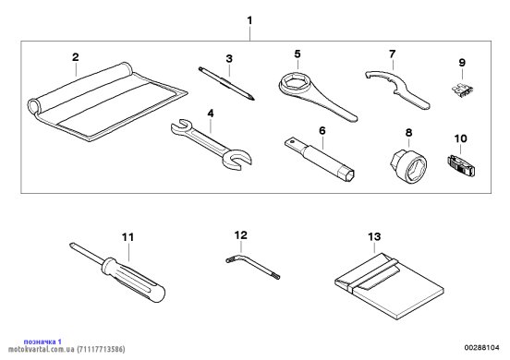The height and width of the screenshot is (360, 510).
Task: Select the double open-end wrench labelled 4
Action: pyautogui.click(x=211, y=144)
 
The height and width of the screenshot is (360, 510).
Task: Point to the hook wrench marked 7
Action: pyautogui.click(x=397, y=89)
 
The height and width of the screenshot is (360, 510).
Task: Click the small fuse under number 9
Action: pyautogui.click(x=462, y=90)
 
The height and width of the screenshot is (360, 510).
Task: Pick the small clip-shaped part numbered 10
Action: pyautogui.click(x=461, y=166)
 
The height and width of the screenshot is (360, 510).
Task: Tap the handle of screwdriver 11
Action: pyautogui.click(x=134, y=280)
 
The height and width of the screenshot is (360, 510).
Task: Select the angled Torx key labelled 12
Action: pyautogui.click(x=252, y=266)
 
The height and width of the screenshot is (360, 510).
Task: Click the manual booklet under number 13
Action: pyautogui.click(x=389, y=286)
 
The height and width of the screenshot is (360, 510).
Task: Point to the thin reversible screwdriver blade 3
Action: pyautogui.click(x=226, y=83)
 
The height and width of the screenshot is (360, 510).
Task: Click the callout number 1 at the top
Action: pyautogui.click(x=249, y=20)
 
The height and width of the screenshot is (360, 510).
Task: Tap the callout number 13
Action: pyautogui.click(x=374, y=236)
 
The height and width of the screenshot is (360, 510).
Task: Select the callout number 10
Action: pyautogui.click(x=460, y=138)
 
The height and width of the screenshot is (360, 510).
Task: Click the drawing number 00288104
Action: pyautogui.click(x=481, y=348)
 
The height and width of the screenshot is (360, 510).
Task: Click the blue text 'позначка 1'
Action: pyautogui.click(x=42, y=342)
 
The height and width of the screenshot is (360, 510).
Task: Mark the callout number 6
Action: pyautogui.click(x=322, y=130)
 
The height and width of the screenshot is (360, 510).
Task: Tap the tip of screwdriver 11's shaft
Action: pyautogui.click(x=70, y=245)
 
